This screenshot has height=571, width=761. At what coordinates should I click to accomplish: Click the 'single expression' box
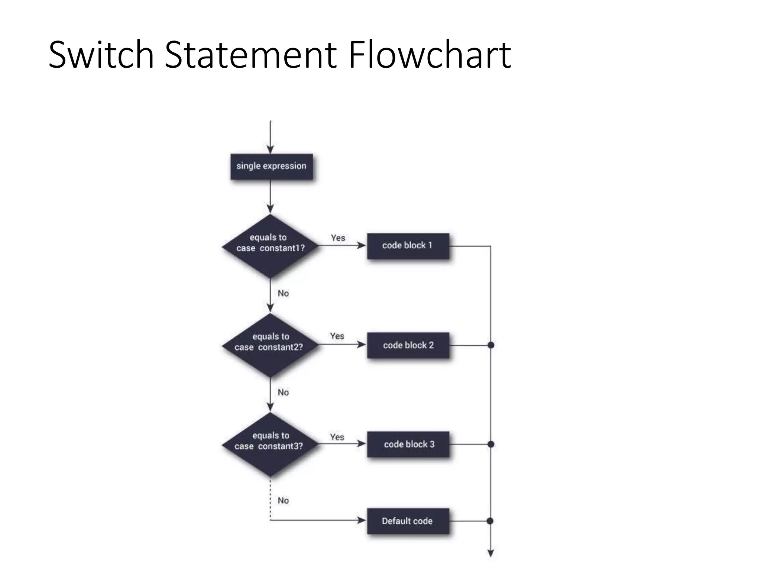tap(271, 166)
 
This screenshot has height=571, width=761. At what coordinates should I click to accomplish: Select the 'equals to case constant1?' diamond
tap(270, 246)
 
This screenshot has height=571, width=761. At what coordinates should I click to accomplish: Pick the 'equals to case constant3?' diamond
tap(270, 444)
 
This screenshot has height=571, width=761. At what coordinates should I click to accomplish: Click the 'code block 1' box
tap(408, 246)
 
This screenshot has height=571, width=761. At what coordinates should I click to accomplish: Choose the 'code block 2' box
tap(408, 345)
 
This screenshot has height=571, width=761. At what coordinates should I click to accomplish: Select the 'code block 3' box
tap(408, 444)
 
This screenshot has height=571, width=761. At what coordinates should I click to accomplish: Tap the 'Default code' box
tap(408, 521)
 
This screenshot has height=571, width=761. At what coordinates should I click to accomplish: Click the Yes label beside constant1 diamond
tap(338, 238)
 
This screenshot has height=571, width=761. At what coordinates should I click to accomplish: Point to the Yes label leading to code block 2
tap(337, 336)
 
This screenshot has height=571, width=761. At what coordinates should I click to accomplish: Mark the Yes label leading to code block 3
tap(337, 437)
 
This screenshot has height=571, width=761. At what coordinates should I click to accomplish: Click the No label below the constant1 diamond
tap(283, 293)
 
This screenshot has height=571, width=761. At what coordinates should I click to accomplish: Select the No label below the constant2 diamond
tap(283, 392)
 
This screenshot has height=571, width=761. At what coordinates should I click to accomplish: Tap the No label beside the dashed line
tap(283, 500)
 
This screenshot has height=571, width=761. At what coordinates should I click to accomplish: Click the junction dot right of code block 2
tap(490, 345)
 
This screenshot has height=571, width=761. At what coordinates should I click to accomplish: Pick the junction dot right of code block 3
tap(490, 444)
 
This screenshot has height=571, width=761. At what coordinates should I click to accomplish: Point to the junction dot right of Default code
tap(490, 521)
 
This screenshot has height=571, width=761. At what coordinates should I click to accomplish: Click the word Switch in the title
tap(101, 55)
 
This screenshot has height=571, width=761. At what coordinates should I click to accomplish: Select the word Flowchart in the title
tap(430, 55)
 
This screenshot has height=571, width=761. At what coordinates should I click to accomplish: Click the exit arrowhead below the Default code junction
tap(490, 553)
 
